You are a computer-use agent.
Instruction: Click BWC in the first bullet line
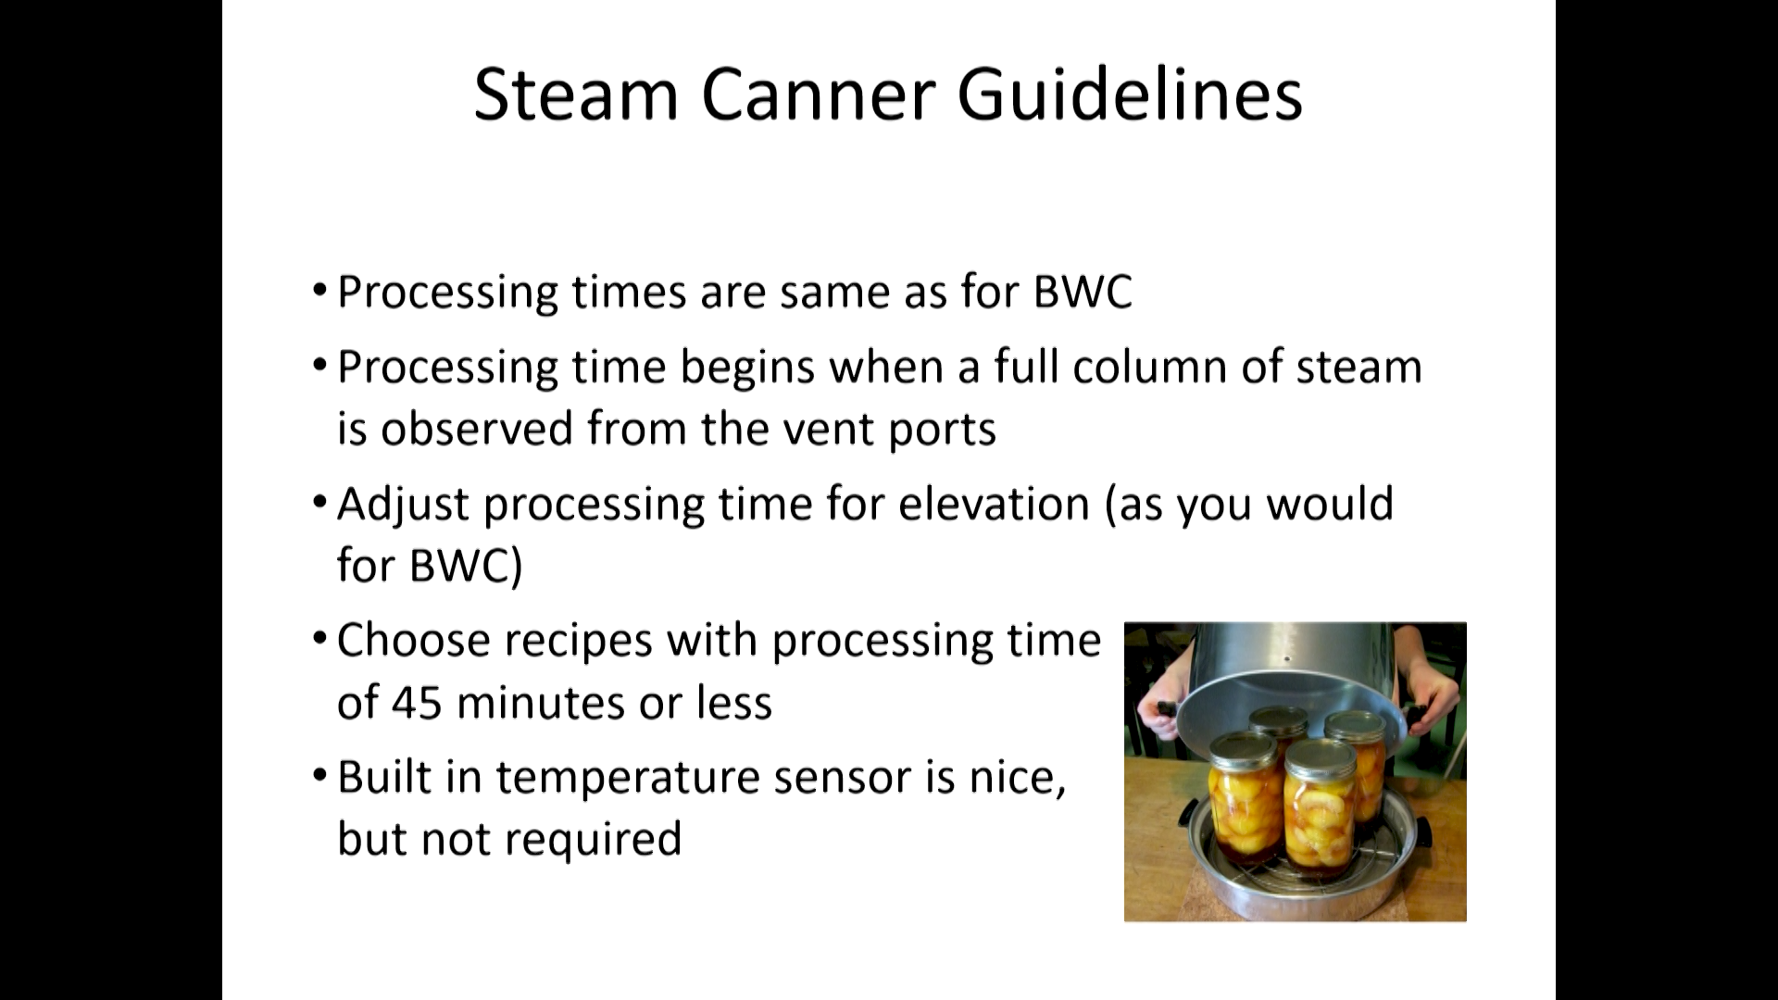click(x=1083, y=292)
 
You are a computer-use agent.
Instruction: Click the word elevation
click(x=994, y=504)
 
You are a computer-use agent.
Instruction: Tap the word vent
click(x=825, y=430)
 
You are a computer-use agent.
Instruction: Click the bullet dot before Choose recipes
click(x=319, y=637)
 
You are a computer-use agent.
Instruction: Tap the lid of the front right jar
click(x=1319, y=754)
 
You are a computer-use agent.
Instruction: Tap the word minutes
click(x=540, y=703)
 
